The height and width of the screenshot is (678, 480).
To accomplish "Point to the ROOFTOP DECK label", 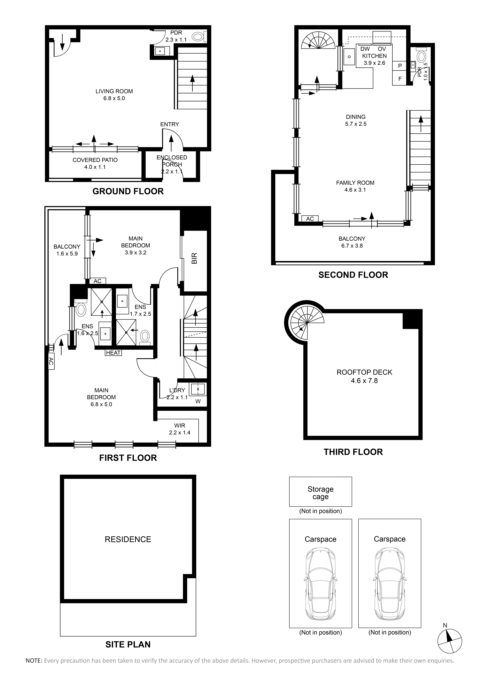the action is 364,372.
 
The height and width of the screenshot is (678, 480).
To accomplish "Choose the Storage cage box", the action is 320,492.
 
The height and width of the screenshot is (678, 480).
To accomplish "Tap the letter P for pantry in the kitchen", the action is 400,66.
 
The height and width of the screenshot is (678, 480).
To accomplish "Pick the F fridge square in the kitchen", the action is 400,79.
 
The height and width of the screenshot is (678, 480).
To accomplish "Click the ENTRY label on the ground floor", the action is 170,124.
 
